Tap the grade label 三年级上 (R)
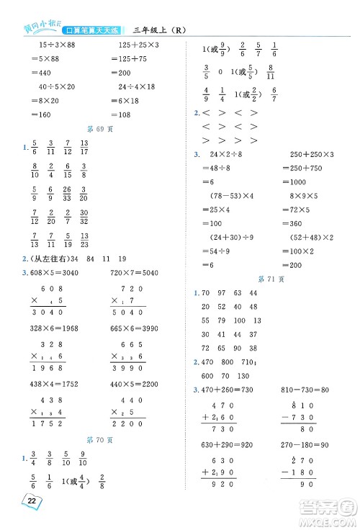coord(160,30)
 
